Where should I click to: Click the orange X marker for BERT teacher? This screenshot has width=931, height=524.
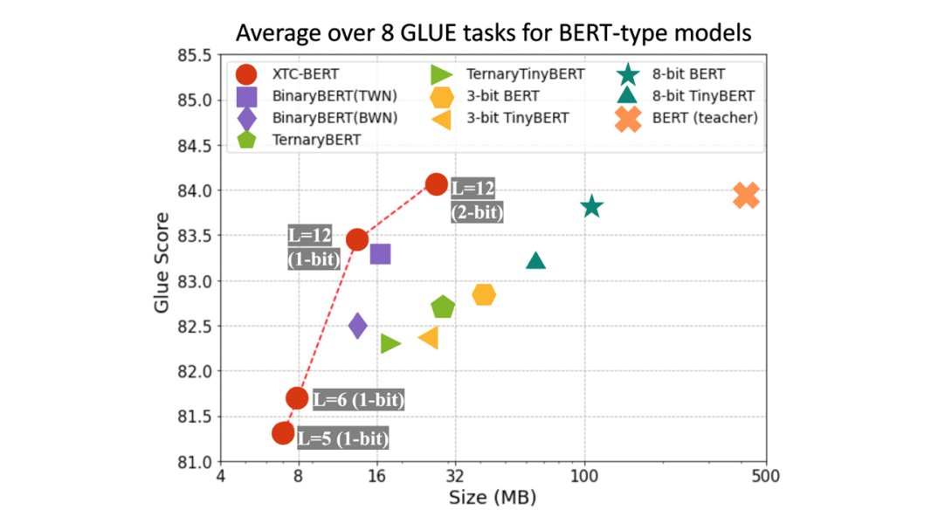tap(745, 196)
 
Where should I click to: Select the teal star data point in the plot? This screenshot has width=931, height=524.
tap(591, 206)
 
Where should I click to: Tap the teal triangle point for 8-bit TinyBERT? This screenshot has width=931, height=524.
tap(535, 260)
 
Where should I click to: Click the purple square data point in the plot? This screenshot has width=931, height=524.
tap(380, 253)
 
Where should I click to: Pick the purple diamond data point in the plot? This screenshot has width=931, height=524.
tap(357, 326)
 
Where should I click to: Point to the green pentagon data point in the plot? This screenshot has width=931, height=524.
tap(443, 307)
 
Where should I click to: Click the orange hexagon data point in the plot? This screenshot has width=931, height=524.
tap(484, 295)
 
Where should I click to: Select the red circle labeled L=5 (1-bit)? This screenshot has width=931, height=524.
tap(283, 432)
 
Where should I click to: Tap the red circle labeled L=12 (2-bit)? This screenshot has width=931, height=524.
tap(437, 183)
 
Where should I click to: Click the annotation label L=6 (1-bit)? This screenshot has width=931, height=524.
tap(358, 400)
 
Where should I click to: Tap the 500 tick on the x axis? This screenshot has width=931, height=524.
tap(766, 477)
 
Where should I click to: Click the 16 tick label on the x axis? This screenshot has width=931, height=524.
tap(376, 477)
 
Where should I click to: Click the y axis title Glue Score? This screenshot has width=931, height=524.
tap(162, 259)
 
